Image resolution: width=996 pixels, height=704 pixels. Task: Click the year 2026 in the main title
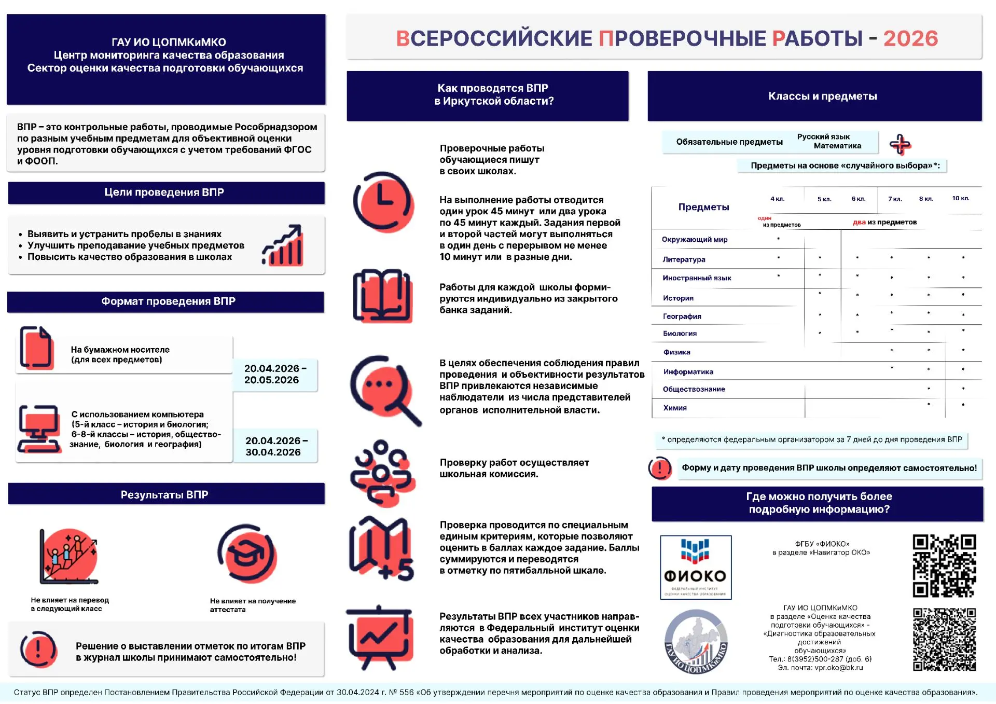click(x=910, y=38)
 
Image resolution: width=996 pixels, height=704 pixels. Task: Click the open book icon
click(x=382, y=296)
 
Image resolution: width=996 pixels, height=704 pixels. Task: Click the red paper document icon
click(x=37, y=348)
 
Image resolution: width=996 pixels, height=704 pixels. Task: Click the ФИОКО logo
click(x=696, y=567)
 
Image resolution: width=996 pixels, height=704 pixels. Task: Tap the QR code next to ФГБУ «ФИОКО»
click(x=944, y=565)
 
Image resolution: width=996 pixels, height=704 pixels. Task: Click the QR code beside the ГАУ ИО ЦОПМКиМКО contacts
click(x=944, y=639)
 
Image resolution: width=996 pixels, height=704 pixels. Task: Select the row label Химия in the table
click(x=674, y=408)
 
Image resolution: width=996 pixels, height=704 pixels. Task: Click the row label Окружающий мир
click(x=694, y=240)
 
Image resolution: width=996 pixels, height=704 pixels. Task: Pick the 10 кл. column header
click(x=960, y=198)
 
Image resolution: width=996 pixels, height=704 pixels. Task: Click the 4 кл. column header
click(x=777, y=199)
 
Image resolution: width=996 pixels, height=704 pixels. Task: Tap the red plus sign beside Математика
click(x=900, y=144)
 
